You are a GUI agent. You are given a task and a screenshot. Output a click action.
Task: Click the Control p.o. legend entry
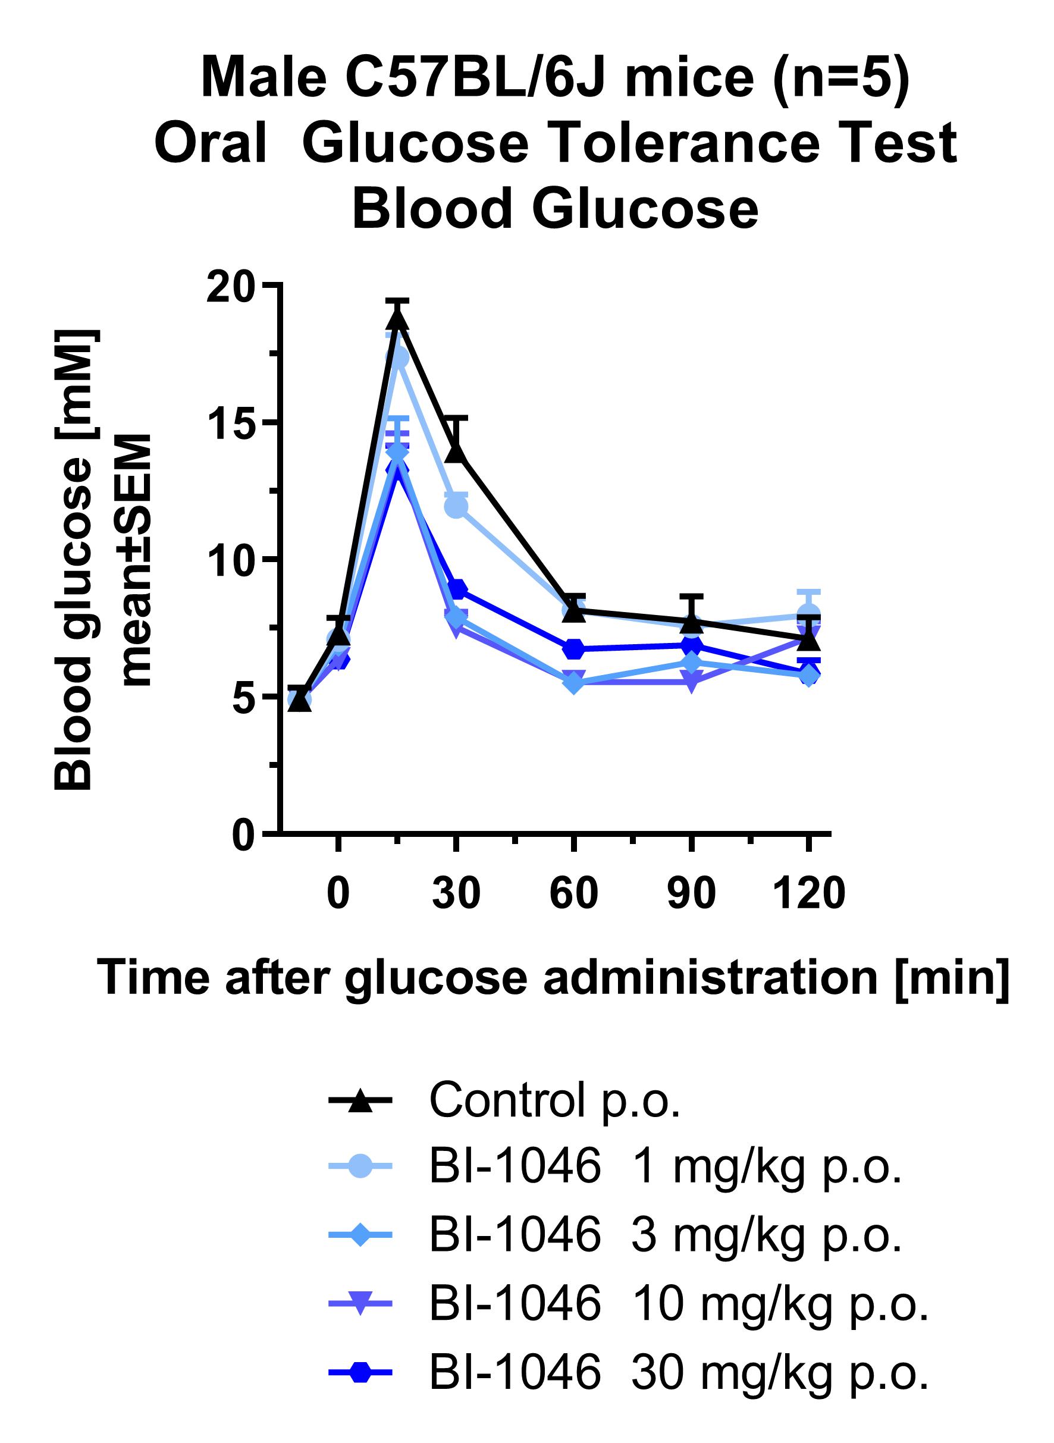click(x=554, y=1099)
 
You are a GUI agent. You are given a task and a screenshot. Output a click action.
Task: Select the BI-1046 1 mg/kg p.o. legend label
click(x=665, y=1166)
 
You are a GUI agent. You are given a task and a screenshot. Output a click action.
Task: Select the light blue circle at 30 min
click(x=456, y=507)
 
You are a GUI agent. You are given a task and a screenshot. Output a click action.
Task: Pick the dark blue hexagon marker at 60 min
click(x=573, y=649)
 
